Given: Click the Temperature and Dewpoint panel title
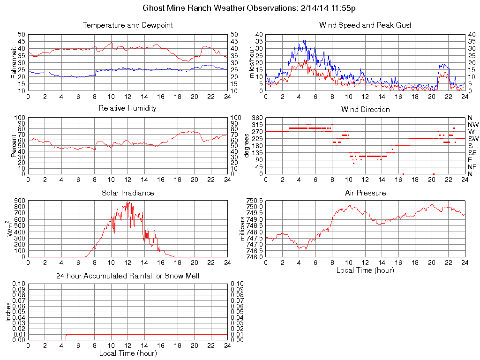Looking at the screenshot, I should pos(127,25).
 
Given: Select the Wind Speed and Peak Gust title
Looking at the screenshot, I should pos(365,25).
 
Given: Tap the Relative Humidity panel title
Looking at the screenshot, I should pos(127,108).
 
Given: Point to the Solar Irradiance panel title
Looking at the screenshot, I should pos(127,193).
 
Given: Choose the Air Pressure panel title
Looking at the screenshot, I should pos(365,193).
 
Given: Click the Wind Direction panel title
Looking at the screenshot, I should pos(365,109).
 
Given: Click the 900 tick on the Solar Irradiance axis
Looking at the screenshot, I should pos(19,201).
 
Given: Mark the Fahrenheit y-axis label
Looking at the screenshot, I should pos(14,62).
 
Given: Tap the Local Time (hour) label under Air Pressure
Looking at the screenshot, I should pos(365,270).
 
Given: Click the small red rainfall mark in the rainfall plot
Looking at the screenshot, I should pos(66,337).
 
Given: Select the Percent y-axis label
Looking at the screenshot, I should pos(14,145).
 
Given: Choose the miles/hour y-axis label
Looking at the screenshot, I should pos(251,63).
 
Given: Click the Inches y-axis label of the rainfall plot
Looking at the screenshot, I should pos(8,311).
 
